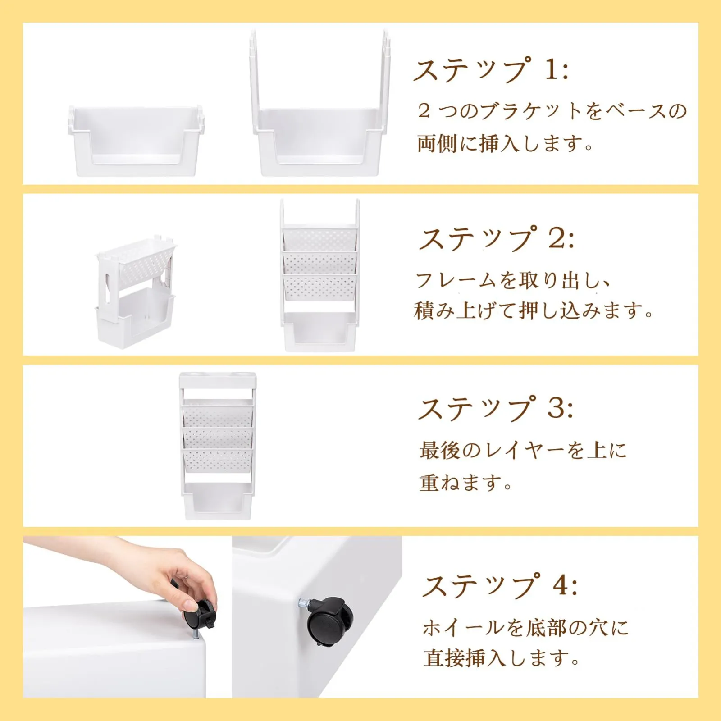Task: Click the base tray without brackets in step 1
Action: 136,141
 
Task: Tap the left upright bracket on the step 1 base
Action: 255,81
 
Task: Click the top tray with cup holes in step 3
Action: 218,381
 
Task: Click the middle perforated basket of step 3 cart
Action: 218,438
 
